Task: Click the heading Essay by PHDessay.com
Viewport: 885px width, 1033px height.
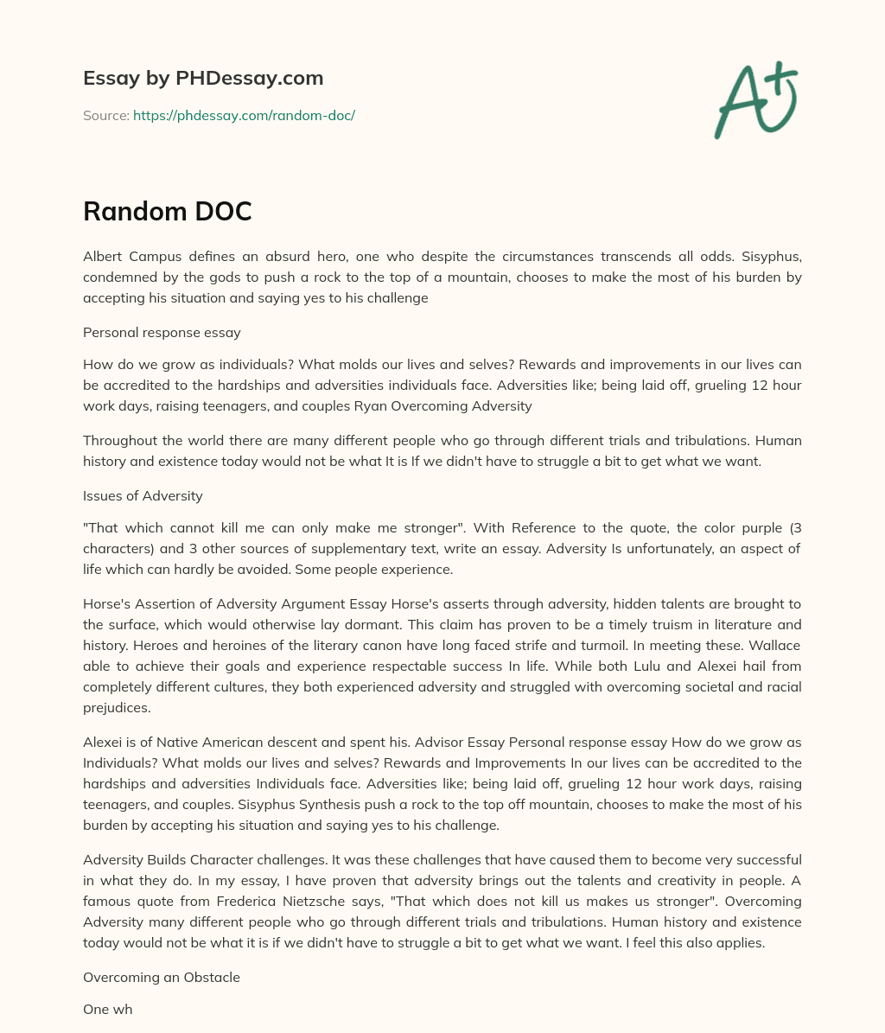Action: coord(203,79)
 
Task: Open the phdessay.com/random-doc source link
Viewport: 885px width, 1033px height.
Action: coord(244,115)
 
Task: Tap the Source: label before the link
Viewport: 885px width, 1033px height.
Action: coord(105,115)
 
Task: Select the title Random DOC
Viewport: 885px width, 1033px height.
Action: coord(167,211)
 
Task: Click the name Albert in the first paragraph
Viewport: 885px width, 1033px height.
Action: coord(104,257)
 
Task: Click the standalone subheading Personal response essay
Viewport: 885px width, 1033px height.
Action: coord(162,332)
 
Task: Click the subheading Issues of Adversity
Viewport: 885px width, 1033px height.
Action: coord(143,495)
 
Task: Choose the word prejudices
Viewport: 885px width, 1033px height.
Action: coord(118,707)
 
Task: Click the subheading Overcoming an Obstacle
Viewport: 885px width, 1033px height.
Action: coord(162,977)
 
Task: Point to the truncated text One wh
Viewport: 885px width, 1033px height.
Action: coord(108,1009)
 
